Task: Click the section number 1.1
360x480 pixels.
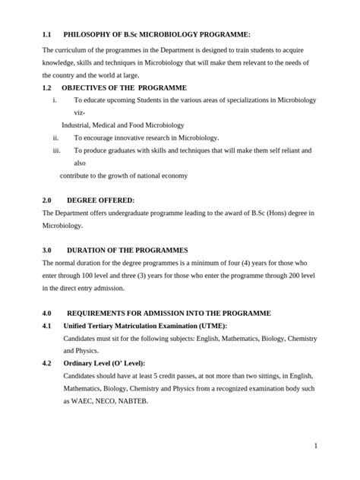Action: pos(46,35)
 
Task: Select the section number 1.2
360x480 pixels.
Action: pos(46,88)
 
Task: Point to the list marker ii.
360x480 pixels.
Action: pos(55,137)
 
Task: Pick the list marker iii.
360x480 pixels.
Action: pos(55,150)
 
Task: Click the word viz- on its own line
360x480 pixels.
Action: pos(81,112)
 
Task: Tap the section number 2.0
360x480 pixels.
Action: pos(46,200)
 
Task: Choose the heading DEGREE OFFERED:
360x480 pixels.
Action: pos(100,200)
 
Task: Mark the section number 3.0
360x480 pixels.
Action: pos(46,250)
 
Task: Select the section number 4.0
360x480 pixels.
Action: pos(46,313)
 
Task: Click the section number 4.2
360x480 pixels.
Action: pos(46,363)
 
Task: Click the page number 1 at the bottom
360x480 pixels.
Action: pos(314,447)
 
